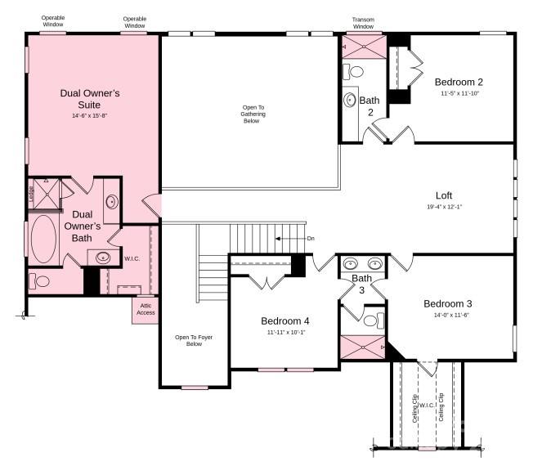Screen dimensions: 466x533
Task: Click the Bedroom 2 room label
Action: [x=458, y=82]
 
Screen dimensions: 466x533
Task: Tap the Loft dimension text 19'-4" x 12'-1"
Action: [x=444, y=208]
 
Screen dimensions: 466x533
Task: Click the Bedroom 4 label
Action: [x=284, y=320]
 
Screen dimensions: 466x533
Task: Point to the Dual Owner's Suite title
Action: [x=90, y=99]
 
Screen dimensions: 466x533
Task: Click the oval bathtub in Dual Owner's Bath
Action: [x=43, y=239]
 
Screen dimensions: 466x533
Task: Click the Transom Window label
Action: [x=363, y=23]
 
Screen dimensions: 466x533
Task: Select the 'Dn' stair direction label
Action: [x=311, y=238]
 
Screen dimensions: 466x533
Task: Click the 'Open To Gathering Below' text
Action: [x=251, y=114]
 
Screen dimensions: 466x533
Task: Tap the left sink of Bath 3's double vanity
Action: [x=351, y=264]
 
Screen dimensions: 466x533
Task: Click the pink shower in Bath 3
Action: [x=361, y=347]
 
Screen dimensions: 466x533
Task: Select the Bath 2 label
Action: [x=370, y=106]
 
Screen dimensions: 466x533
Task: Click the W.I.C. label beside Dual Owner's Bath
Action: [x=132, y=260]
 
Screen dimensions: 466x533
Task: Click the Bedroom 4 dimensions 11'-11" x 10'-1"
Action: [x=284, y=333]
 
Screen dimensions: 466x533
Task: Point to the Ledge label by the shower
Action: [x=31, y=195]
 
